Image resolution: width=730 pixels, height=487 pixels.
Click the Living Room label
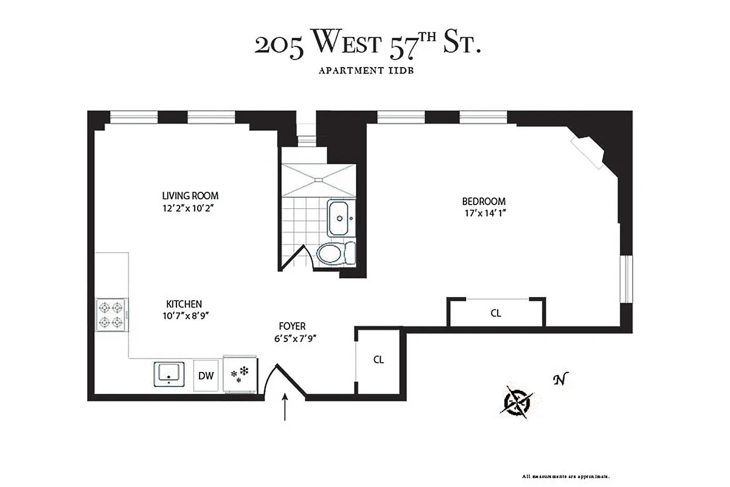190,196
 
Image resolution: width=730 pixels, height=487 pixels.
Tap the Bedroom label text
484,201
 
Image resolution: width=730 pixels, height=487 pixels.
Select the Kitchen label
184,304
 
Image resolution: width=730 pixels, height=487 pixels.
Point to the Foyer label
292,326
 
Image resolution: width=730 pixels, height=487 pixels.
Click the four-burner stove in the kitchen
112,315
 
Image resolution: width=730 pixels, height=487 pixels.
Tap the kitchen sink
168,373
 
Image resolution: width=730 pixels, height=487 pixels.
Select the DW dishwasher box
206,375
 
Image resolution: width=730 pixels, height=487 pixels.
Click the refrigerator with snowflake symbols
241,374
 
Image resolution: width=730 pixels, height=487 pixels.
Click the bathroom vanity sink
339,219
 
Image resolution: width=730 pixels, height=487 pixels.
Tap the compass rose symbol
518,402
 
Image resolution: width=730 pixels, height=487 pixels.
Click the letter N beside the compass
558,380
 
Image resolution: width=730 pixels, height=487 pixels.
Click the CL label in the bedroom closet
496,314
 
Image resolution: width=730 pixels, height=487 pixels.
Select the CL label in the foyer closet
378,359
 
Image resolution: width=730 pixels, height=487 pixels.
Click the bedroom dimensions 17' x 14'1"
484,213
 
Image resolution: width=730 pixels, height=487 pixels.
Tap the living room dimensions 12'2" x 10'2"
190,208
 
